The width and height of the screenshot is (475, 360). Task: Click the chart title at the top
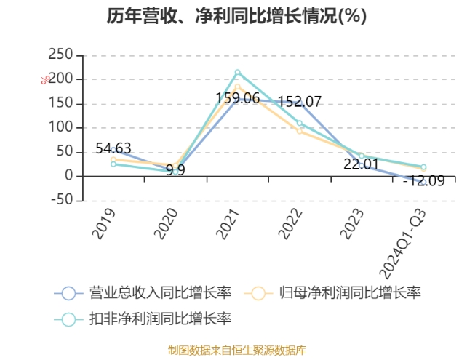(237, 16)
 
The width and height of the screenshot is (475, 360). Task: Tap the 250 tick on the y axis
(60, 55)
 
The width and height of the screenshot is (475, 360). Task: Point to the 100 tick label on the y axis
(60, 128)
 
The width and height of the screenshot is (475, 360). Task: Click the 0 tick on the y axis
(68, 176)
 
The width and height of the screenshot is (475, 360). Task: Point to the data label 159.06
(237, 97)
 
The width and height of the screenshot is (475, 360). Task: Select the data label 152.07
(299, 103)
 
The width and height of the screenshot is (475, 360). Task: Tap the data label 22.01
(362, 164)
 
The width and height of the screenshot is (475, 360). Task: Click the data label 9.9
(176, 171)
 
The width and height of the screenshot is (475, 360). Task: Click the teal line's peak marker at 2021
(237, 73)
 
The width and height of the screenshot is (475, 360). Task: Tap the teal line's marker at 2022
(300, 123)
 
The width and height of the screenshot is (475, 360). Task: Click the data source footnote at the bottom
(237, 350)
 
